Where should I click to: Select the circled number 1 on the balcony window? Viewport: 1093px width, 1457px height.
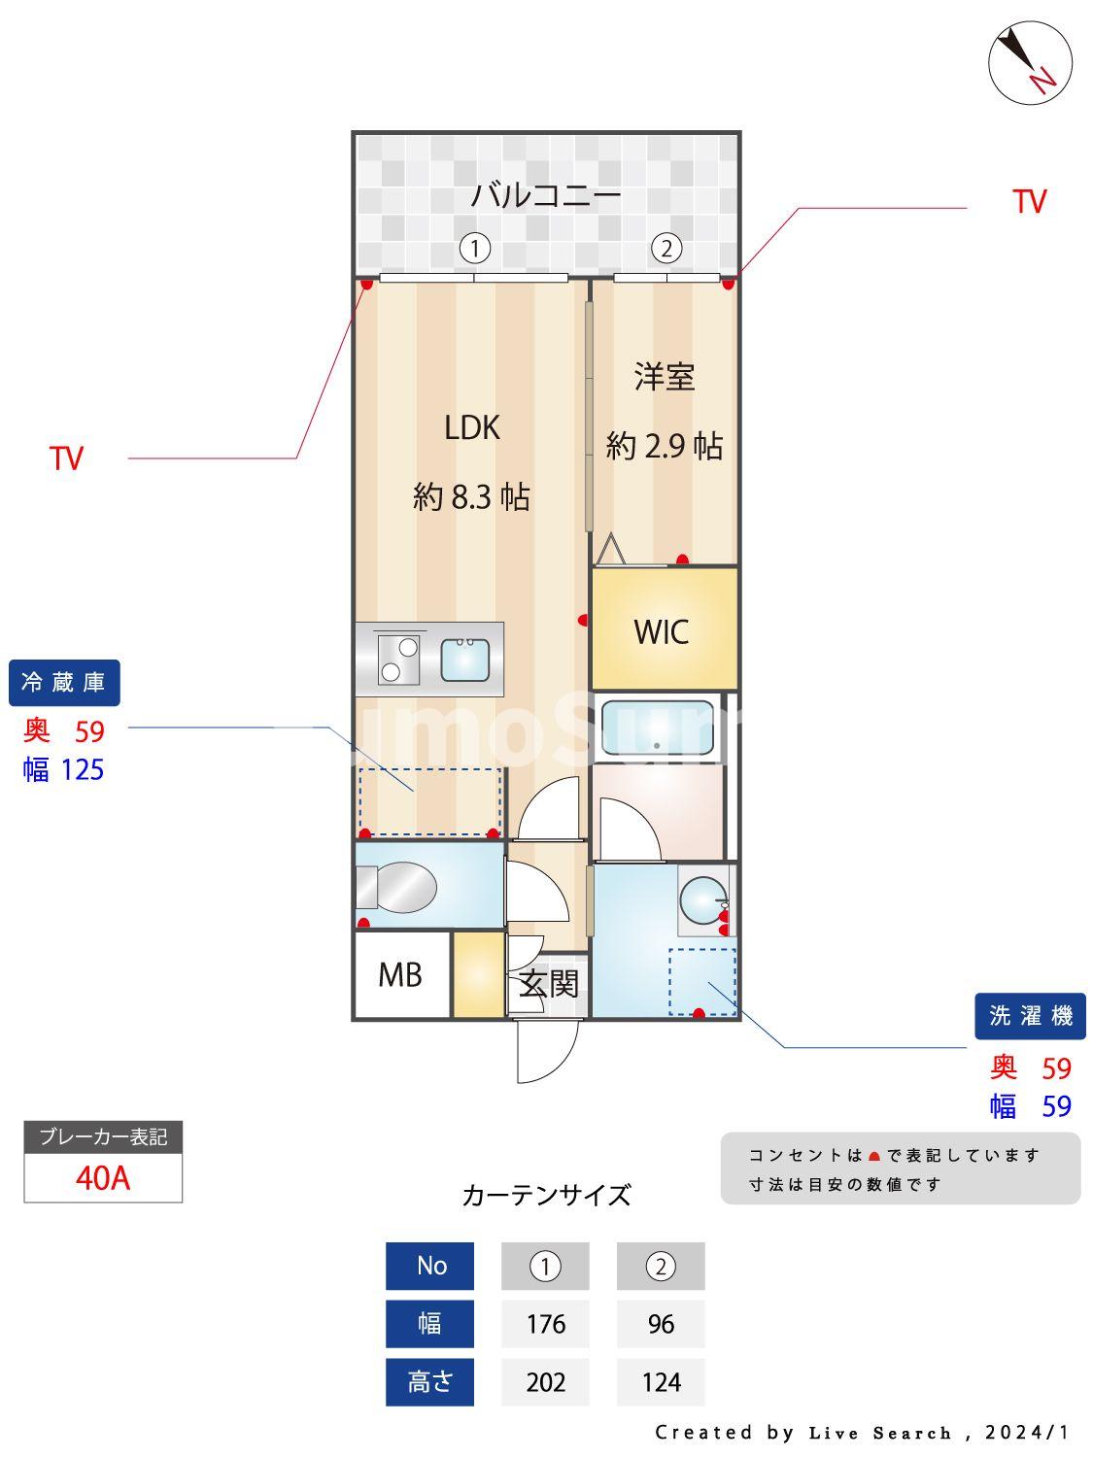[474, 249]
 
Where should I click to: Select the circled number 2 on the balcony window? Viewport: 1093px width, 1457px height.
[666, 249]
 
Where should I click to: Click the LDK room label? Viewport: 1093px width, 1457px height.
[472, 428]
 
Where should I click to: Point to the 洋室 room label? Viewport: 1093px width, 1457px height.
[665, 377]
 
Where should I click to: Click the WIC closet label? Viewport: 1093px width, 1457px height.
[662, 632]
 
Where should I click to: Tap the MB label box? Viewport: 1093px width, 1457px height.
[400, 974]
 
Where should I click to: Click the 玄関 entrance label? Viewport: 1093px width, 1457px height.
[548, 984]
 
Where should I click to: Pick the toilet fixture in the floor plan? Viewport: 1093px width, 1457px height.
[396, 886]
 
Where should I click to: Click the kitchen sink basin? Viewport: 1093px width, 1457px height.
[465, 660]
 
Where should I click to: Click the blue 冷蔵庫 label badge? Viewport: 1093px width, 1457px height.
[64, 683]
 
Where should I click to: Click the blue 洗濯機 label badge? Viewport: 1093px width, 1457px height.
[1030, 1016]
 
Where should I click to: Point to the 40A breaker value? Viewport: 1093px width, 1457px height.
[103, 1178]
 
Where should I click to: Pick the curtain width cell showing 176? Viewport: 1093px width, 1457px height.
[545, 1324]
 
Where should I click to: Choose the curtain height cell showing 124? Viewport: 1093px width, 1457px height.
[661, 1381]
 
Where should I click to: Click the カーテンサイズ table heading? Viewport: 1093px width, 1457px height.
[546, 1195]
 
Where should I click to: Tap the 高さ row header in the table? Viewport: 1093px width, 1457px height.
[429, 1381]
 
